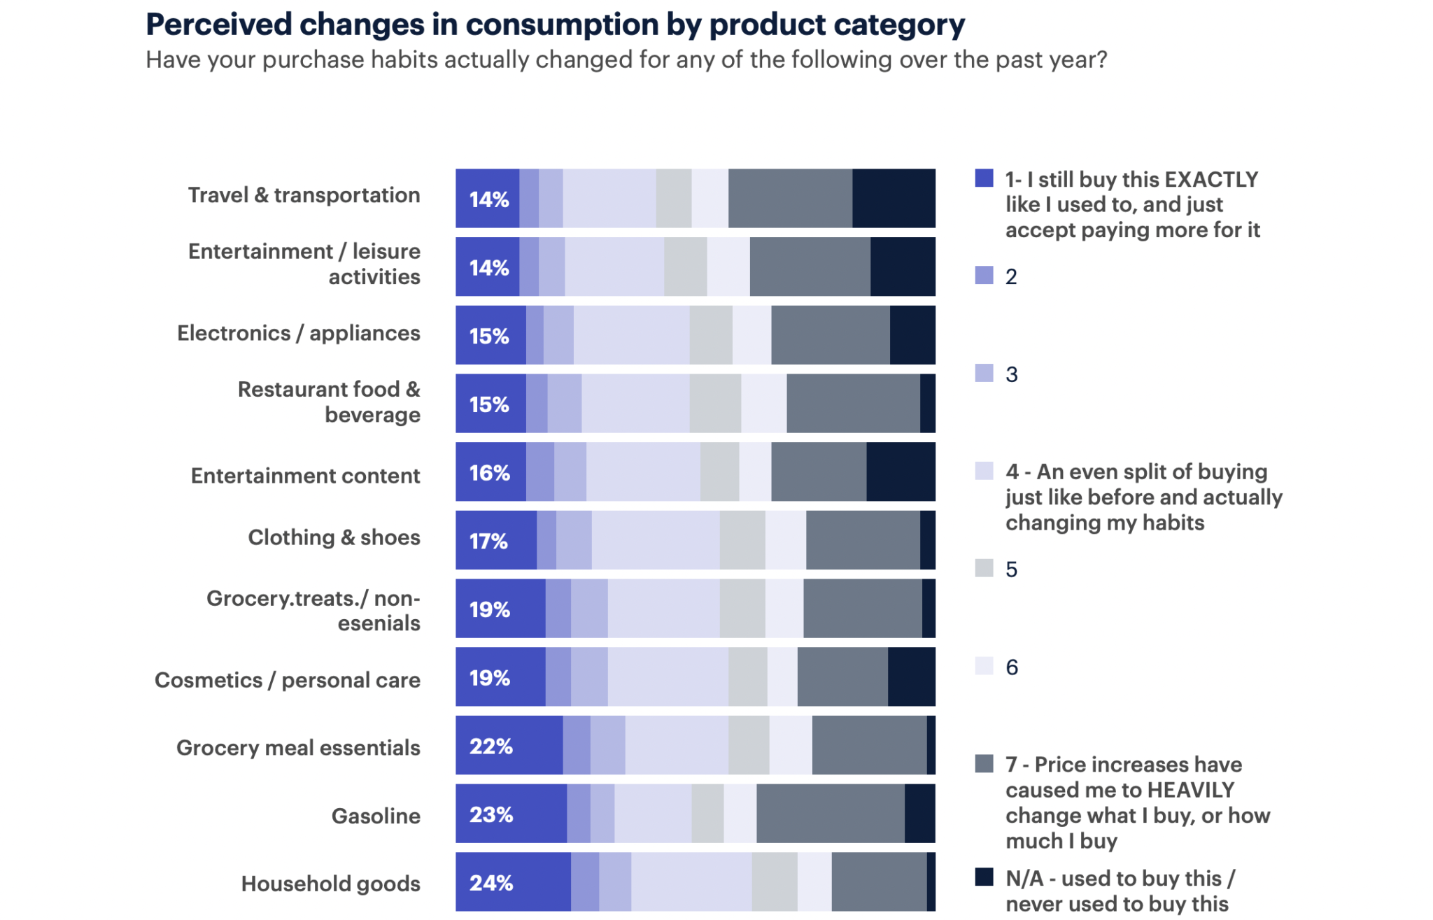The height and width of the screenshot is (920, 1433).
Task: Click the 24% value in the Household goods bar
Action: coord(491,883)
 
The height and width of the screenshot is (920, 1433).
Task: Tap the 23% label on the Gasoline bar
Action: coord(491,814)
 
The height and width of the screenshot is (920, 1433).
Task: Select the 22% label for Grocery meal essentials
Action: coord(491,746)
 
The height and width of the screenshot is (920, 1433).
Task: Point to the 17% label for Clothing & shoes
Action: coord(488,541)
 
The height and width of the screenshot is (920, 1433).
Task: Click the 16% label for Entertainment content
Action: coord(489,473)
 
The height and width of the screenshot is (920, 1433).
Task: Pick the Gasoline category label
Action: coord(376,816)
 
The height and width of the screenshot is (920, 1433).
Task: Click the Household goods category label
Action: coord(330,884)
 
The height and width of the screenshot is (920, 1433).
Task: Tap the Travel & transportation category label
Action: coord(304,195)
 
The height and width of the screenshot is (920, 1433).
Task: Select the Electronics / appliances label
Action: coord(298,333)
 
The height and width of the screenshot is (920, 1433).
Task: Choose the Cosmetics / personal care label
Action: coord(287,680)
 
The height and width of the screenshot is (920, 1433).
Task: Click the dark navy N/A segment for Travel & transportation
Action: coord(894,199)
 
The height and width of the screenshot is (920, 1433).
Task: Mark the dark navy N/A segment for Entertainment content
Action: coord(901,472)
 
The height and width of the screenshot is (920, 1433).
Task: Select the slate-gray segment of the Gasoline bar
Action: coord(830,814)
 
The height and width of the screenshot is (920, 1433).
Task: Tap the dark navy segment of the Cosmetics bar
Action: coord(911,677)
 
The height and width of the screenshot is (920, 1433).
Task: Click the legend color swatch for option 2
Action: coord(984,275)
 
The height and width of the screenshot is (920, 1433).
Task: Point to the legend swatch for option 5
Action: coord(984,568)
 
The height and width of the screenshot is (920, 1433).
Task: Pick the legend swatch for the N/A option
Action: coord(984,877)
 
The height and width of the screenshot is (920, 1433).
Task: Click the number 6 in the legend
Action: coord(1012,667)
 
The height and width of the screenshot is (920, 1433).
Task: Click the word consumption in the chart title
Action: coord(563,25)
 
